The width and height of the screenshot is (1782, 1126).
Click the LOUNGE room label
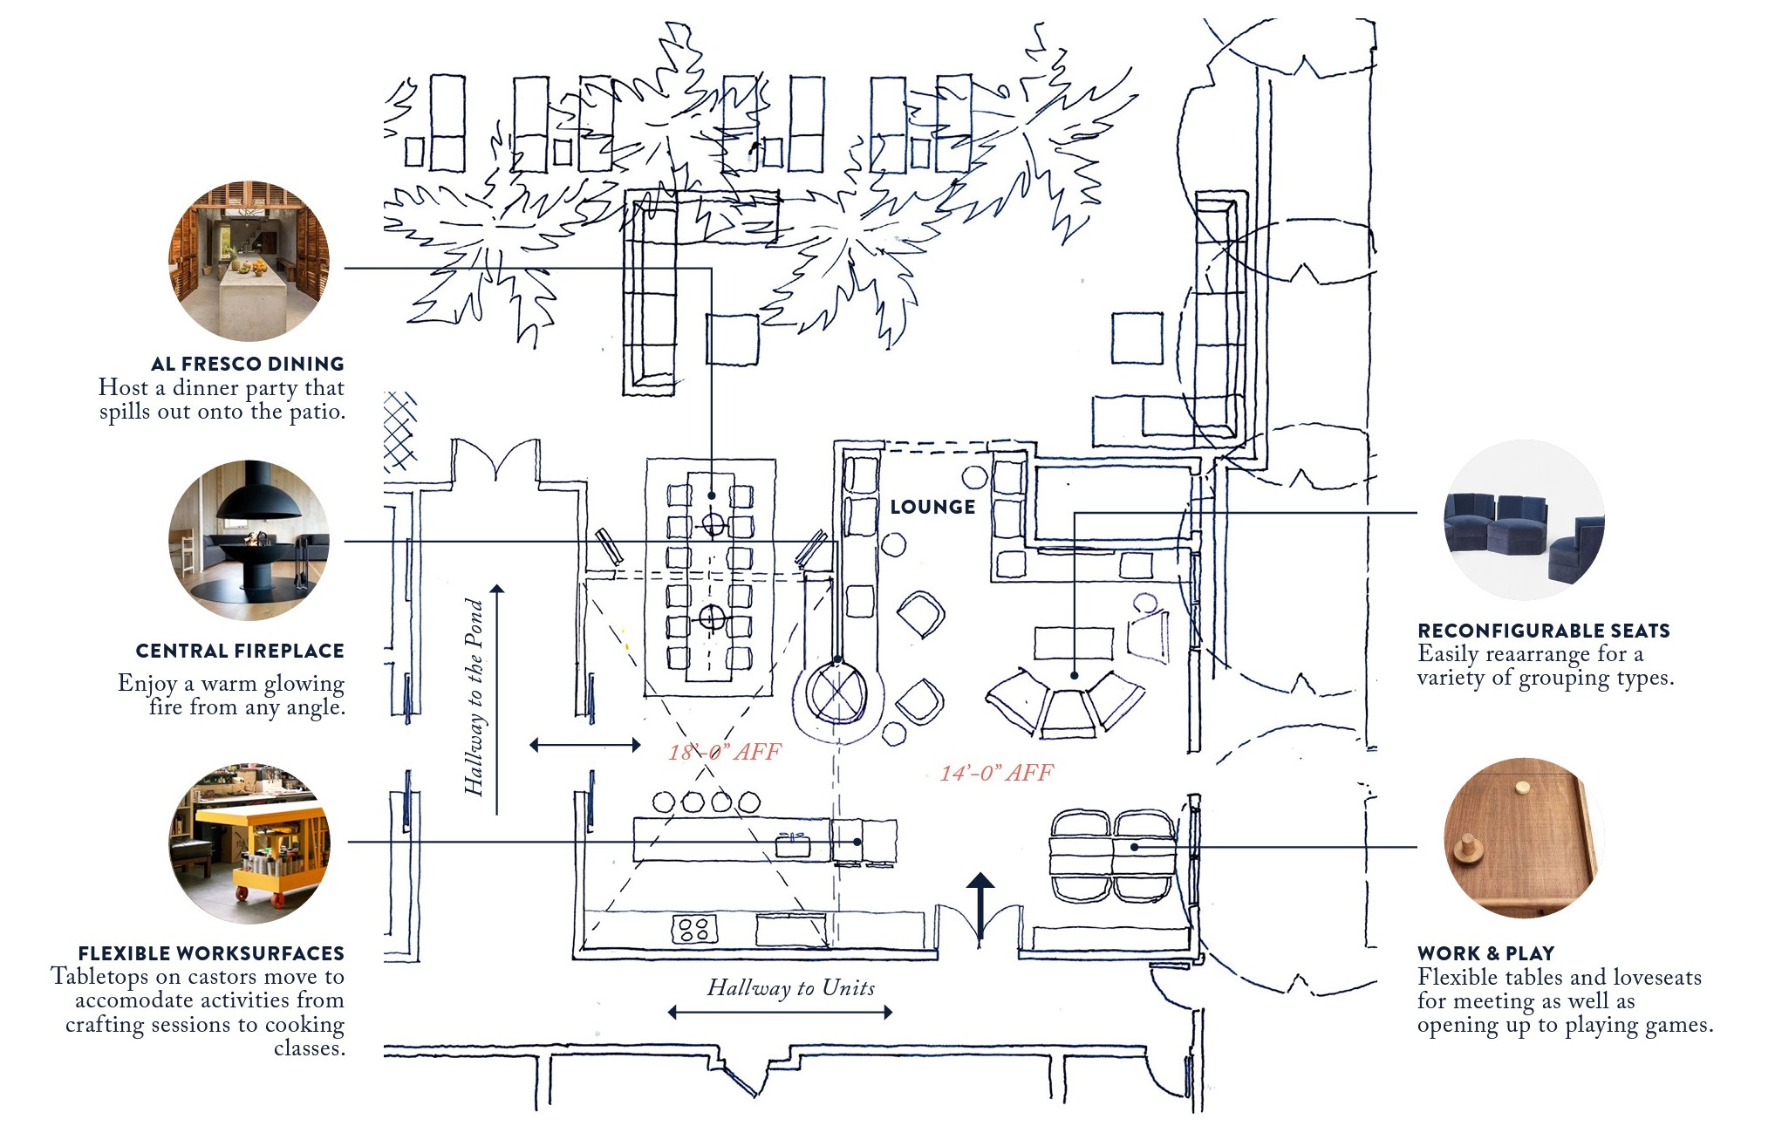click(932, 507)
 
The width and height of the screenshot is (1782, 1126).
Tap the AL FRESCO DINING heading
click(247, 364)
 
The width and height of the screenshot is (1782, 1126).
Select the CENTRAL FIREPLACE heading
click(240, 651)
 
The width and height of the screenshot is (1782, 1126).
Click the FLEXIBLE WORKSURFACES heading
click(211, 953)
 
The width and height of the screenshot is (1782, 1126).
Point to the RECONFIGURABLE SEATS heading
click(1543, 631)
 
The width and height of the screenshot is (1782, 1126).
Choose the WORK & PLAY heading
click(1485, 953)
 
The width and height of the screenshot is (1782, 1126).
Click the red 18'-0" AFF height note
click(725, 752)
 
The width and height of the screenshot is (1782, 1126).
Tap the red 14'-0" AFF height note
click(996, 773)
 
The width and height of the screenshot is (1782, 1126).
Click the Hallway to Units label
click(790, 987)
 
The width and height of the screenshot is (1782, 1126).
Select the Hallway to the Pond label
click(474, 697)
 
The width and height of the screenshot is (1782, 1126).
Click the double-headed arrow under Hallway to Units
click(781, 1012)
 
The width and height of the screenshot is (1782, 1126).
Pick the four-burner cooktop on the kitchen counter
click(694, 929)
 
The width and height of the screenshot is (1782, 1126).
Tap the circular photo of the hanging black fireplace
click(249, 541)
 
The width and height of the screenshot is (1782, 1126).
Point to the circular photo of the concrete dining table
click(249, 261)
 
